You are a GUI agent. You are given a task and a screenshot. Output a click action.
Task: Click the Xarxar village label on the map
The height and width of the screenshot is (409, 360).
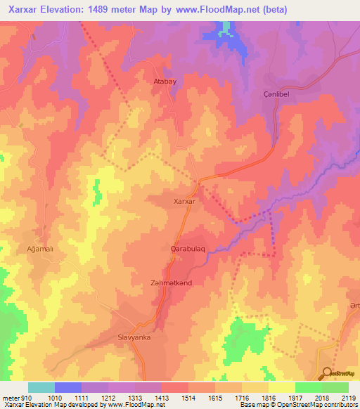coord(184,201)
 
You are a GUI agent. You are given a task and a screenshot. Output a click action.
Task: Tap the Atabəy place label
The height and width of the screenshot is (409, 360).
coord(165,82)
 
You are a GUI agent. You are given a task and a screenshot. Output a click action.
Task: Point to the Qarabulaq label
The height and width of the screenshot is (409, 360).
coord(188,249)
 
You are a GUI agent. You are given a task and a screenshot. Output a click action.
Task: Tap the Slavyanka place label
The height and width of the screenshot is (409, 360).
coord(134,337)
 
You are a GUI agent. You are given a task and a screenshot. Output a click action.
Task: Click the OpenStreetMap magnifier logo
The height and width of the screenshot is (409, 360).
coord(327,373)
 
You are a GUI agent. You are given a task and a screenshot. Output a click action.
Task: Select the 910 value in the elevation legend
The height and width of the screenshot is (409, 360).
coord(21,397)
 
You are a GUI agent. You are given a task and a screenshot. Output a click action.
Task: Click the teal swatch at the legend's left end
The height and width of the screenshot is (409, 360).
coord(41,387)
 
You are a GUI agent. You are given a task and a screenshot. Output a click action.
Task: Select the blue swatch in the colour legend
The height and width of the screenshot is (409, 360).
coord(67,387)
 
